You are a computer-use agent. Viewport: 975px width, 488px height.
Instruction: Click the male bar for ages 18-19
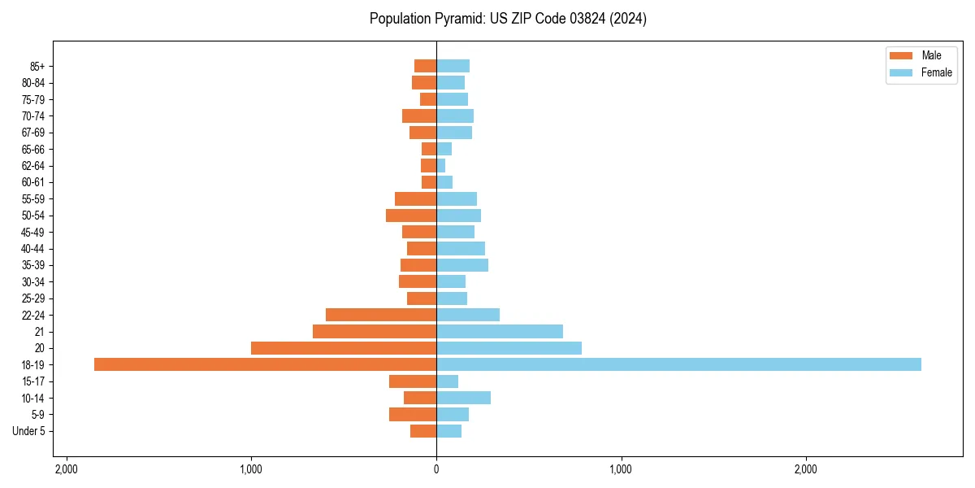point(265,364)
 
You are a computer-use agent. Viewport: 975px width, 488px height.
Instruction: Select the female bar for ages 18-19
point(678,364)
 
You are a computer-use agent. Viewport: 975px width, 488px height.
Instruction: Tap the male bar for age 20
point(344,348)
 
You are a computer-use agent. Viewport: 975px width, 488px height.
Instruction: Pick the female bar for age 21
point(500,331)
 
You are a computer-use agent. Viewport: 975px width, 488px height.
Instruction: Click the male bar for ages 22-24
point(381,315)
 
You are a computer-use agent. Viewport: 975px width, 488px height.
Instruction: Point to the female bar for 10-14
point(463,398)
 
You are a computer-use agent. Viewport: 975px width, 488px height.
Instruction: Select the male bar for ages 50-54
point(411,216)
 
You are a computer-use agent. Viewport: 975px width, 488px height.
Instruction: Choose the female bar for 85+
point(453,66)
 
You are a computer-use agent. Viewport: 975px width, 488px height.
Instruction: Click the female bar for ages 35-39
point(462,265)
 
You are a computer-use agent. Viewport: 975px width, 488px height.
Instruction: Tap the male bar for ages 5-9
point(413,414)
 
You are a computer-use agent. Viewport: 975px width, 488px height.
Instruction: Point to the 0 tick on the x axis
point(436,469)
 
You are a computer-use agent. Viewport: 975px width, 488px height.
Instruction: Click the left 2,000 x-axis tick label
point(66,469)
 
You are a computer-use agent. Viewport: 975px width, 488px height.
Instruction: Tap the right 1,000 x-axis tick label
point(621,469)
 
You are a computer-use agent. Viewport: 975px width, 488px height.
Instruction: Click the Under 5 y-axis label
point(28,431)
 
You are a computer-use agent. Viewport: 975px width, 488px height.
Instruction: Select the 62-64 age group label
point(33,166)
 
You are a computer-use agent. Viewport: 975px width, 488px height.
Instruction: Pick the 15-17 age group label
point(33,381)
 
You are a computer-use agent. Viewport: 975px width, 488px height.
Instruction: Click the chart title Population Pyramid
point(508,19)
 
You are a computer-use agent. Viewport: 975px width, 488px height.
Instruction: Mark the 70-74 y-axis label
point(33,116)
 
